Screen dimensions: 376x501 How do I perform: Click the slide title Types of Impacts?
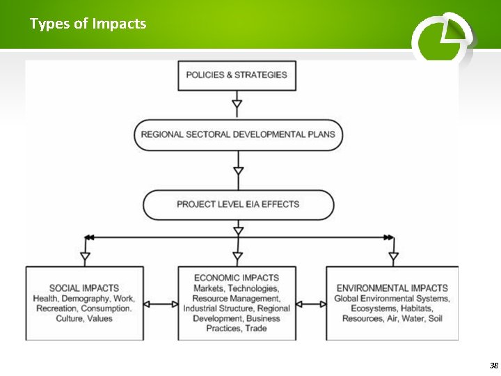[88, 24]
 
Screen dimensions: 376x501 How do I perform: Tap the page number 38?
[493, 366]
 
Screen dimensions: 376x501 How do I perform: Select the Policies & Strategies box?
[237, 75]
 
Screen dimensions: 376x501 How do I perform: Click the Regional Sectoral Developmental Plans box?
[238, 134]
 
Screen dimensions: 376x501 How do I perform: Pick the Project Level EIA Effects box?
[238, 205]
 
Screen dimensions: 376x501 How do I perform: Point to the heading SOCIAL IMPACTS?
[84, 288]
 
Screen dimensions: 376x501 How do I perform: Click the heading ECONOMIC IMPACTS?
[237, 278]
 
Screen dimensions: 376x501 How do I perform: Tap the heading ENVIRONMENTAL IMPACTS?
[392, 288]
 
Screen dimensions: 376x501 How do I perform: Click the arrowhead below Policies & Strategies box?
[237, 106]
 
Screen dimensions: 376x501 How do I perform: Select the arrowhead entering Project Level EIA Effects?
[238, 171]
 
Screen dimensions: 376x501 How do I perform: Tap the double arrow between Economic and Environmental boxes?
[311, 304]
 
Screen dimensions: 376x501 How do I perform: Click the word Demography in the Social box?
[87, 298]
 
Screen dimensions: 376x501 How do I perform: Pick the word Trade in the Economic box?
[255, 328]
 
